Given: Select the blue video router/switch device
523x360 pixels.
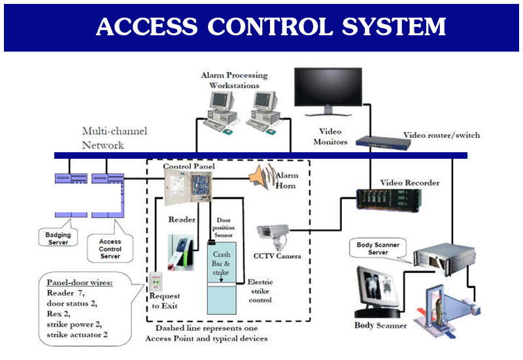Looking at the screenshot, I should tap(377, 139).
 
